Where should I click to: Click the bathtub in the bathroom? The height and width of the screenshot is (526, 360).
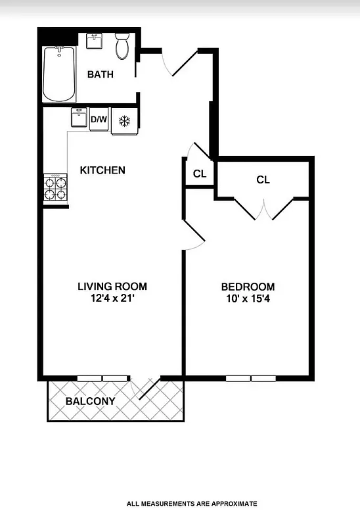click(60, 74)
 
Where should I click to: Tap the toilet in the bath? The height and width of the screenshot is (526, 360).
click(122, 47)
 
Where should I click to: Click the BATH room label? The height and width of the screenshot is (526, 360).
click(101, 74)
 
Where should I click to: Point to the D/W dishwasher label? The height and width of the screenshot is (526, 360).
click(99, 120)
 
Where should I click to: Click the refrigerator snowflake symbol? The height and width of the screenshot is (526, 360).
click(124, 121)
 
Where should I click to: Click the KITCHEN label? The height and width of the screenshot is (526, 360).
click(102, 170)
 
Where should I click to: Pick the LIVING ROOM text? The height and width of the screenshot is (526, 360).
click(112, 286)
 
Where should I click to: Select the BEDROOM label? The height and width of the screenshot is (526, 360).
click(248, 287)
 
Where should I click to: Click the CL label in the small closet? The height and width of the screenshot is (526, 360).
click(200, 174)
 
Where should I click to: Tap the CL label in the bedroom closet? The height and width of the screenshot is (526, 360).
click(263, 179)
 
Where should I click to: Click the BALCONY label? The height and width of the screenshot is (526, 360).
click(91, 401)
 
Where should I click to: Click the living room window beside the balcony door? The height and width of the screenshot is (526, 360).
click(102, 379)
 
